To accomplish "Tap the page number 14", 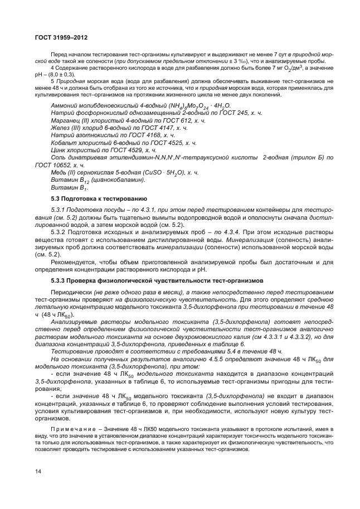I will click(38, 472).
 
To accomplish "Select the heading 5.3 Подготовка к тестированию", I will click(99, 198).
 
